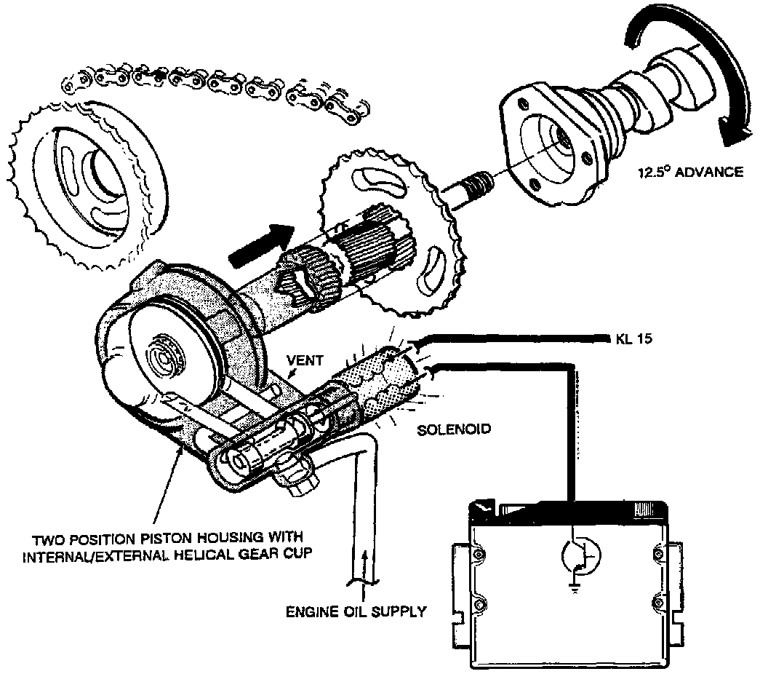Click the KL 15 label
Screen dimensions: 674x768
[631, 339]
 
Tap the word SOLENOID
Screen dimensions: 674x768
[454, 429]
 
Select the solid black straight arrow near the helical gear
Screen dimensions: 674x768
[260, 245]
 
